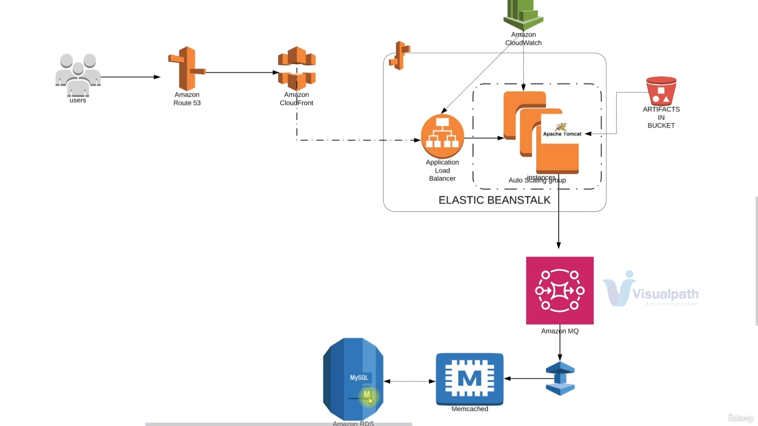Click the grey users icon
pyautogui.click(x=78, y=75)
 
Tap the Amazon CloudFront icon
pyautogui.click(x=297, y=68)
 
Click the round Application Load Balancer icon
pyautogui.click(x=442, y=136)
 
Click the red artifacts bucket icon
pyautogui.click(x=661, y=90)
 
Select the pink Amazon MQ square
pyautogui.click(x=560, y=290)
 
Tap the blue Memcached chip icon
pyautogui.click(x=470, y=379)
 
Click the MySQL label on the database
pyautogui.click(x=359, y=377)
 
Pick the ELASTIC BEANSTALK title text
pyautogui.click(x=494, y=200)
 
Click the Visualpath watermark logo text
pyautogui.click(x=665, y=294)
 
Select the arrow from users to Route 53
pyautogui.click(x=130, y=77)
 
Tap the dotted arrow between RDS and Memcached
pyautogui.click(x=409, y=381)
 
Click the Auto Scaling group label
pyautogui.click(x=537, y=181)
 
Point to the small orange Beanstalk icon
pyautogui.click(x=400, y=56)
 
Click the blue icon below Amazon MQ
pyautogui.click(x=560, y=379)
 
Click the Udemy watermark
pyautogui.click(x=741, y=418)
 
